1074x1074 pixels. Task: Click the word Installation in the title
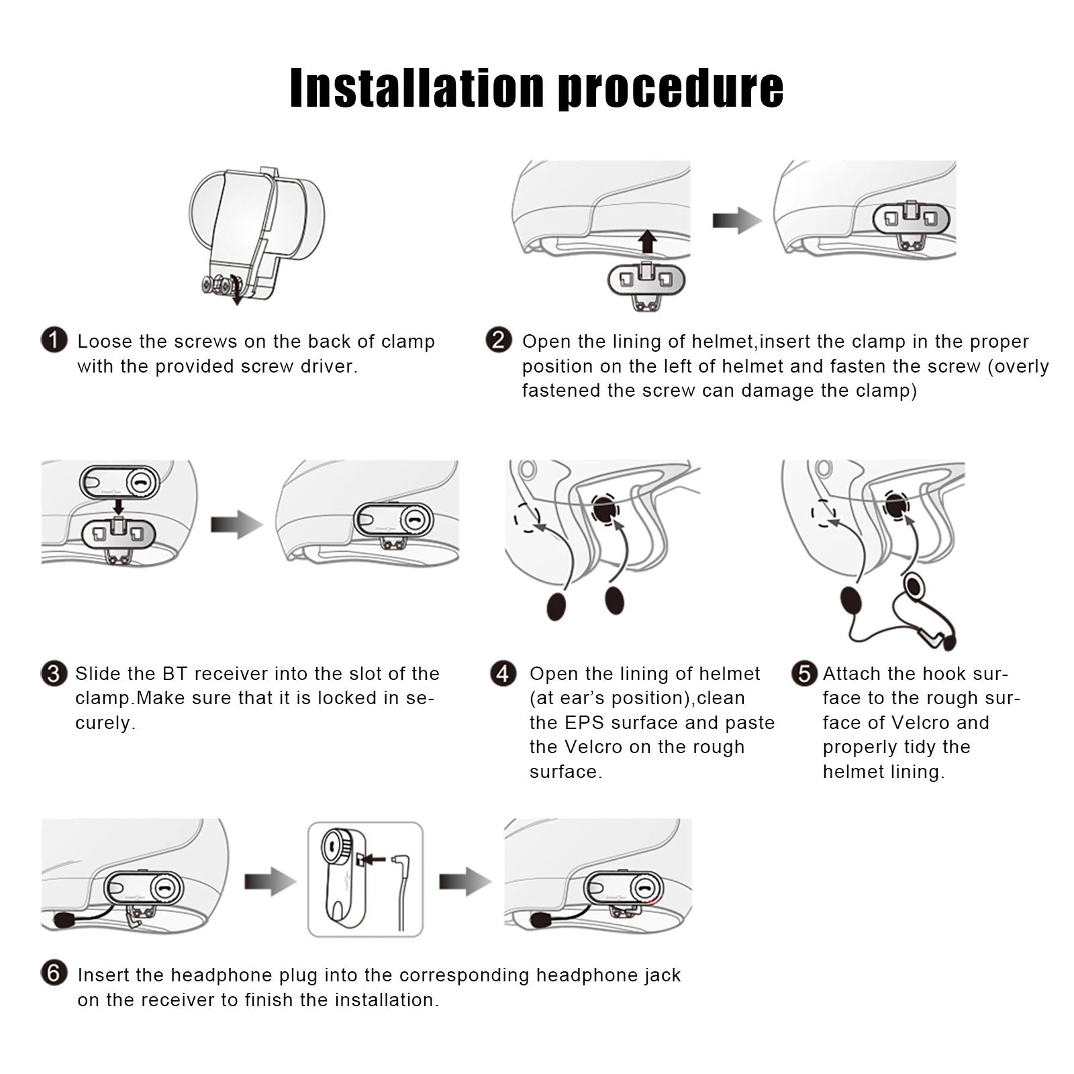coord(417,88)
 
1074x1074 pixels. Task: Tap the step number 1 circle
coord(54,340)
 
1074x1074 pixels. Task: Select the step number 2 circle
coord(498,340)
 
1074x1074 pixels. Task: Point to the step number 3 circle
coord(54,673)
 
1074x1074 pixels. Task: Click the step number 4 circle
coord(503,673)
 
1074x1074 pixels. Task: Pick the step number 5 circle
coord(804,673)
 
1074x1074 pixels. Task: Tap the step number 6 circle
coord(54,973)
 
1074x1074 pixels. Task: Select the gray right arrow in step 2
coord(737,220)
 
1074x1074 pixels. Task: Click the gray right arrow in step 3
coord(236,524)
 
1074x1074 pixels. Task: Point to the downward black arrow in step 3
coord(118,507)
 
